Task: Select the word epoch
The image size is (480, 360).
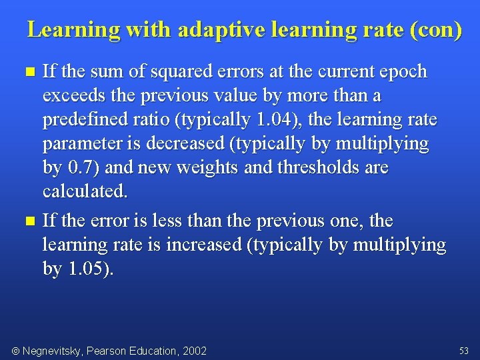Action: pyautogui.click(x=402, y=71)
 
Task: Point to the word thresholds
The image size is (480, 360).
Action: pyautogui.click(x=315, y=167)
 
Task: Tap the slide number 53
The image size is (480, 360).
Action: pyautogui.click(x=464, y=351)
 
